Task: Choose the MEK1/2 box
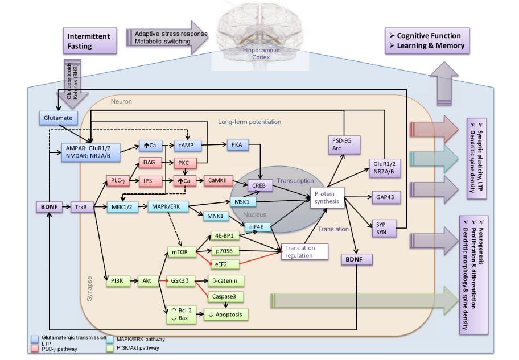[122, 206]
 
